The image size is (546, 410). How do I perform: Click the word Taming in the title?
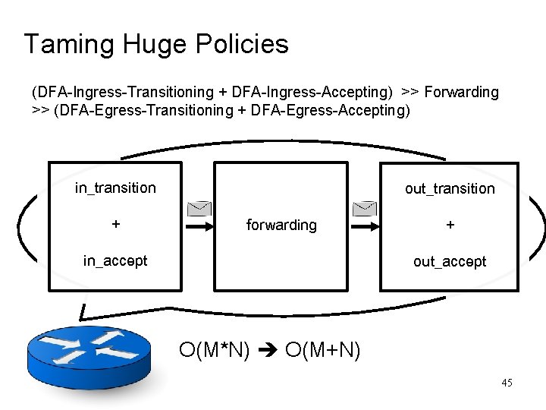point(66,44)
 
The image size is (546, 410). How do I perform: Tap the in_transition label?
point(115,188)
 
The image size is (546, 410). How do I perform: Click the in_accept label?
point(115,260)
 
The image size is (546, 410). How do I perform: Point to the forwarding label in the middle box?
point(281,225)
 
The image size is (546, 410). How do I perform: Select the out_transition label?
point(450,188)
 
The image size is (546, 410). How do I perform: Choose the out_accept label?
point(450,261)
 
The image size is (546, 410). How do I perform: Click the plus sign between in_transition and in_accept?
point(115,225)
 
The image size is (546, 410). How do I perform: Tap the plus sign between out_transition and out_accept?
point(450,225)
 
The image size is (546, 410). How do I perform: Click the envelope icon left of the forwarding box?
point(198,209)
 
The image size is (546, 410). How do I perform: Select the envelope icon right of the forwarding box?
point(365,209)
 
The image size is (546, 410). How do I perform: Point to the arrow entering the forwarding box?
point(198,225)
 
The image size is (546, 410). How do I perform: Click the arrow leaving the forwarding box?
point(365,225)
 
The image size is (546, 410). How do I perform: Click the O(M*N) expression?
point(215,350)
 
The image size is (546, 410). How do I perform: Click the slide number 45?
point(507,383)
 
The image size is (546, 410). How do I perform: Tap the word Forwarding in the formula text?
point(461,92)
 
